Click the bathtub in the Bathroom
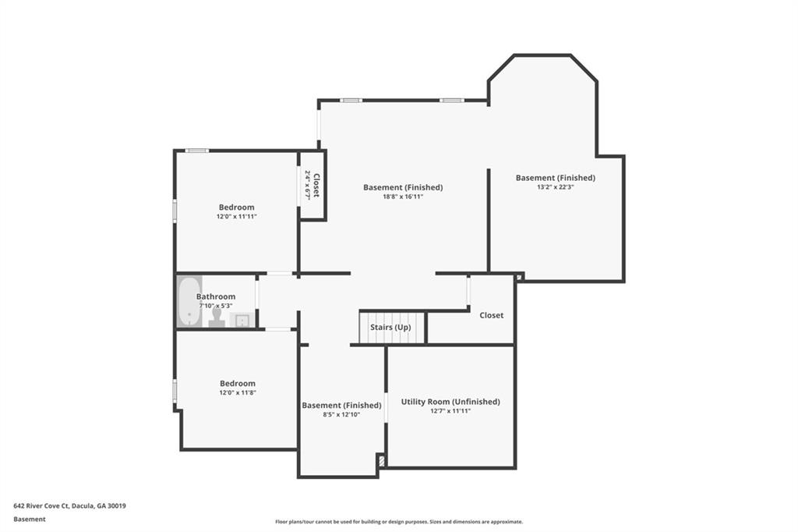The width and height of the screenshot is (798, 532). tap(189, 302)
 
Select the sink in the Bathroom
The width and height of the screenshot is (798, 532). tap(242, 320)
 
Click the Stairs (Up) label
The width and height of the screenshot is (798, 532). tap(390, 328)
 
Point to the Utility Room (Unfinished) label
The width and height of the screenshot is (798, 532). tap(450, 402)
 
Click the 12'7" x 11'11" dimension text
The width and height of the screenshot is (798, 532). tap(450, 410)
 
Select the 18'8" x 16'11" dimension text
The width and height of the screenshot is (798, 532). tap(403, 197)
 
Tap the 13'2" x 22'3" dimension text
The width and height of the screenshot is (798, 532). tap(555, 187)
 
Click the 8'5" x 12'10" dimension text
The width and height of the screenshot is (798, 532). tap(341, 414)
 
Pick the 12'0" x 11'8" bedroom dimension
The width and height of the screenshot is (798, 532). tap(237, 392)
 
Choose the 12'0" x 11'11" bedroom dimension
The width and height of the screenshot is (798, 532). tap(236, 216)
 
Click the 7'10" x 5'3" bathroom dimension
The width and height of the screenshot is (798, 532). tap(216, 305)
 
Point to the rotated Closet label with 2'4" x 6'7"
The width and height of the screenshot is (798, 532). tap(312, 185)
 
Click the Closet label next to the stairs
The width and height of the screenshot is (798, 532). tap(491, 315)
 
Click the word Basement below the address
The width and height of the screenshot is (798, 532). tap(30, 519)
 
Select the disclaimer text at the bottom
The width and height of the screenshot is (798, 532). tap(398, 522)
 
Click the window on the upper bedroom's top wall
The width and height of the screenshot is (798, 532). tap(196, 151)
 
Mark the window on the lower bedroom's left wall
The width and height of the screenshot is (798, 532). tap(175, 390)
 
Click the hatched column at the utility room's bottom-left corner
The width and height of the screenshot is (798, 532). tap(381, 461)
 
